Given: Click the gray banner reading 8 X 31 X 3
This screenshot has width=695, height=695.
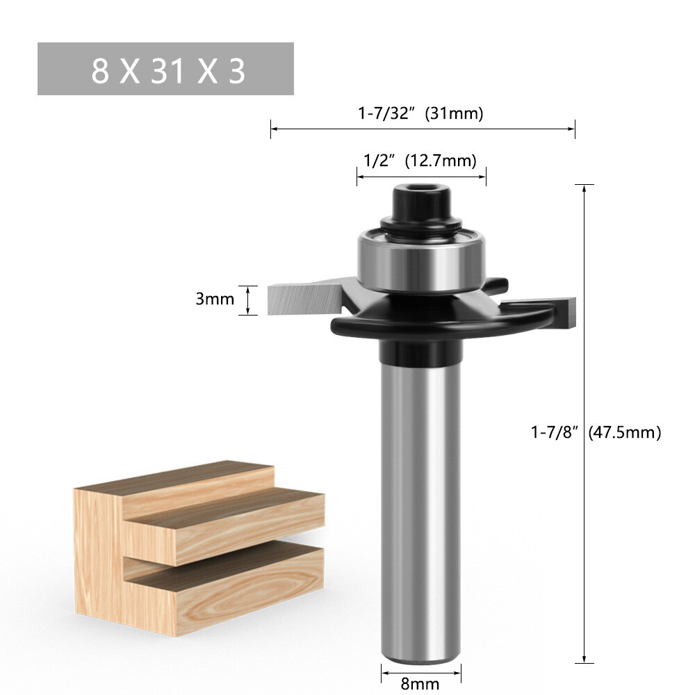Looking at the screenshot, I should [165, 69].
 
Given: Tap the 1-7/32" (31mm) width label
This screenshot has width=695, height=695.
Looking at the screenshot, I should [420, 113].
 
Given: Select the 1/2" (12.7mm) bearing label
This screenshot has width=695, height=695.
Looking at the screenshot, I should [420, 161].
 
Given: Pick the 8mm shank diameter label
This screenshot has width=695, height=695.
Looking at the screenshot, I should [420, 683].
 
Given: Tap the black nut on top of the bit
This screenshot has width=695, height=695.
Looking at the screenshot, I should [420, 203].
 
